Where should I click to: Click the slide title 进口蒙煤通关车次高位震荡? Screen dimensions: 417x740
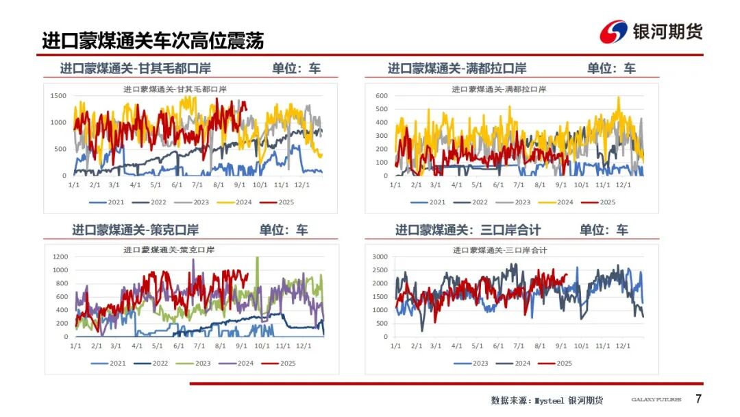(x=153, y=40)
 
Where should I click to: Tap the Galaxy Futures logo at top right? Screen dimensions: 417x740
(x=651, y=32)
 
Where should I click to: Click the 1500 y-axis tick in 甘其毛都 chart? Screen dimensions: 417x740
(x=58, y=95)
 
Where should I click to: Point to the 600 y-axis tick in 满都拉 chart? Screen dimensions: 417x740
(x=381, y=95)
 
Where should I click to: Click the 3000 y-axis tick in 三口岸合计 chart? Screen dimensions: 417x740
(x=380, y=257)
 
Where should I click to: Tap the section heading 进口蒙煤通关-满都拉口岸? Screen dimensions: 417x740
(x=457, y=69)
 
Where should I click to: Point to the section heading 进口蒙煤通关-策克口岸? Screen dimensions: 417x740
(x=135, y=230)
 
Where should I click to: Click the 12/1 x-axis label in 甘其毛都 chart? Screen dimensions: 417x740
(x=301, y=185)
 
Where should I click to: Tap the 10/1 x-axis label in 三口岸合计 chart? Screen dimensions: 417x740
(x=581, y=346)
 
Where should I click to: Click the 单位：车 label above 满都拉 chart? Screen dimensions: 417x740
(x=610, y=69)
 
